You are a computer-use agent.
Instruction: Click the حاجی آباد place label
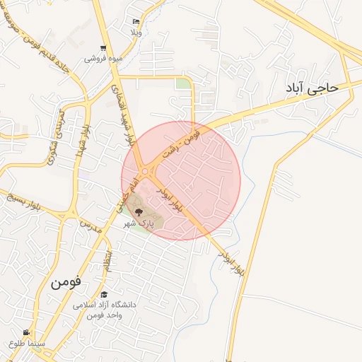coord(312,88)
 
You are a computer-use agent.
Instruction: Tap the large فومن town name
coord(66,280)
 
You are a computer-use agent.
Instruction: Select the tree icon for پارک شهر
coord(139,211)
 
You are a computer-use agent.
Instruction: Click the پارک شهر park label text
coord(139,223)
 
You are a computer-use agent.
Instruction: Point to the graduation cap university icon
coord(104,294)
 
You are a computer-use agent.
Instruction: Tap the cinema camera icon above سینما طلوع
coord(27,332)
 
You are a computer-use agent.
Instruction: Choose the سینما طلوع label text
coord(27,343)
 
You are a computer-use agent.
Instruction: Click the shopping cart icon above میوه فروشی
coord(103,48)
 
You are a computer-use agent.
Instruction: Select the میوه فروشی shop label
coord(103,58)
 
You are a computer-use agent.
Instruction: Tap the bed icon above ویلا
coord(136,22)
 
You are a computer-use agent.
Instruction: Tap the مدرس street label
coord(90,226)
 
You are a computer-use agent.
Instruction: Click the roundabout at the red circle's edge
coord(146,170)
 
